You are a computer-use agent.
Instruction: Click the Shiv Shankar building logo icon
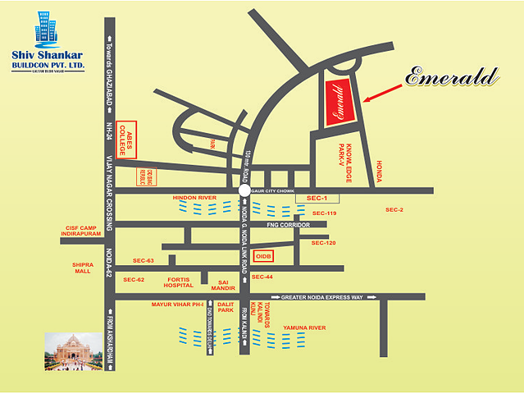point(46,30)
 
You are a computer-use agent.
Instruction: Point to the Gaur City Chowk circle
point(244,190)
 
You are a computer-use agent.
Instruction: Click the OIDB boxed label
point(262,257)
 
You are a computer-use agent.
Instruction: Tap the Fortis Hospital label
point(179,282)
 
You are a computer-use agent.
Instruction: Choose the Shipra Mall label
point(83,268)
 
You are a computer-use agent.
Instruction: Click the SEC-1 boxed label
point(317,199)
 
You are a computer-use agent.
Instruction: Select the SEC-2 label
point(394,210)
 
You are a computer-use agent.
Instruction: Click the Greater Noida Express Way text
point(321,297)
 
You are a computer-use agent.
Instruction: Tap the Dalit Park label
point(226,307)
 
